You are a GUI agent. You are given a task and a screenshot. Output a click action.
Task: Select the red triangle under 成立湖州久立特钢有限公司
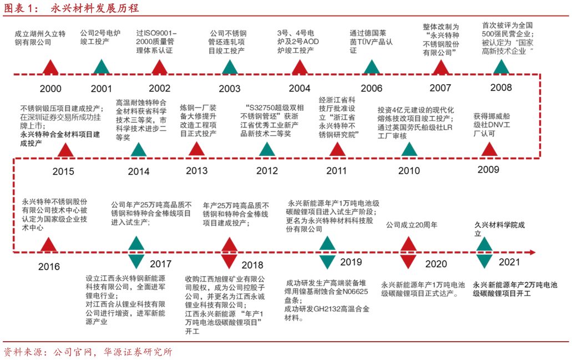click(50, 67)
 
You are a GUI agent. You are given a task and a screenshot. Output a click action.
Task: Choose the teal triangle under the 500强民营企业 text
click(501, 67)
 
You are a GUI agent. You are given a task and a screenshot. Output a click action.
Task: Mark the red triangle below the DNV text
click(489, 149)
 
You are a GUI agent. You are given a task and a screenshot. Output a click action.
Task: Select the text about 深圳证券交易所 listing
click(61, 117)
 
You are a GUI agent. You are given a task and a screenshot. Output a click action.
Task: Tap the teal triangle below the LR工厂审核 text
click(409, 149)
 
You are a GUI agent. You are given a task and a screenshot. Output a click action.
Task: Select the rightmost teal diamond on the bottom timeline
click(484, 252)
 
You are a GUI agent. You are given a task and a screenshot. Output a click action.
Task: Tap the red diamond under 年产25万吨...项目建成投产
click(229, 252)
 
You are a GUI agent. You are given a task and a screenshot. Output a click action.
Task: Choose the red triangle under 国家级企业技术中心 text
click(49, 245)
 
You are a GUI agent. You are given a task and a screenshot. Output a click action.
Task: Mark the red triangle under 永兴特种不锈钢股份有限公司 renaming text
click(441, 67)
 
